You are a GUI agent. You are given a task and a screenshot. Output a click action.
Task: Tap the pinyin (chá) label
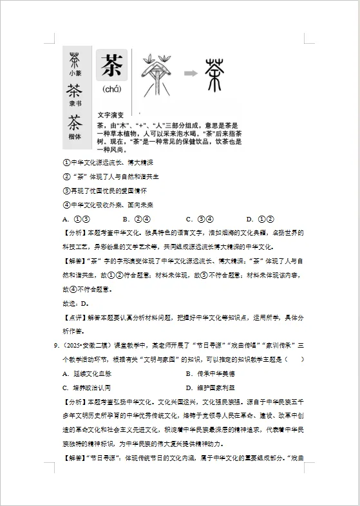tap(113, 89)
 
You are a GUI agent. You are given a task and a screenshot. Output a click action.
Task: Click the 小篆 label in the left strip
tap(75, 73)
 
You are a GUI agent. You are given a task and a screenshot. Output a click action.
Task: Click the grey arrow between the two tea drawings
tap(189, 73)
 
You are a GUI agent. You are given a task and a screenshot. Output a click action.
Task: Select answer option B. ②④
tap(136, 219)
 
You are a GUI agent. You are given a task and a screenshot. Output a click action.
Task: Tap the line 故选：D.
tap(75, 303)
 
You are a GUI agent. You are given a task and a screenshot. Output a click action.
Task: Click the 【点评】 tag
tap(75, 318)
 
